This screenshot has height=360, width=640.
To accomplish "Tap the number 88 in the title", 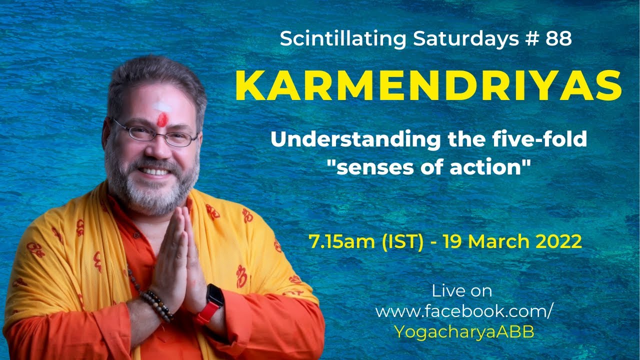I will point(558,39).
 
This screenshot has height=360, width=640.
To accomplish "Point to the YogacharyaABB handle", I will point(464,332).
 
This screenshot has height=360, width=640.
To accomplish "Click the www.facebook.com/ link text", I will point(464,311).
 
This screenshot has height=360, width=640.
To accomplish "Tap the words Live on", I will point(462,291).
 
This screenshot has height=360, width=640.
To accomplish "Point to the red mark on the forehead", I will point(162,119).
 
